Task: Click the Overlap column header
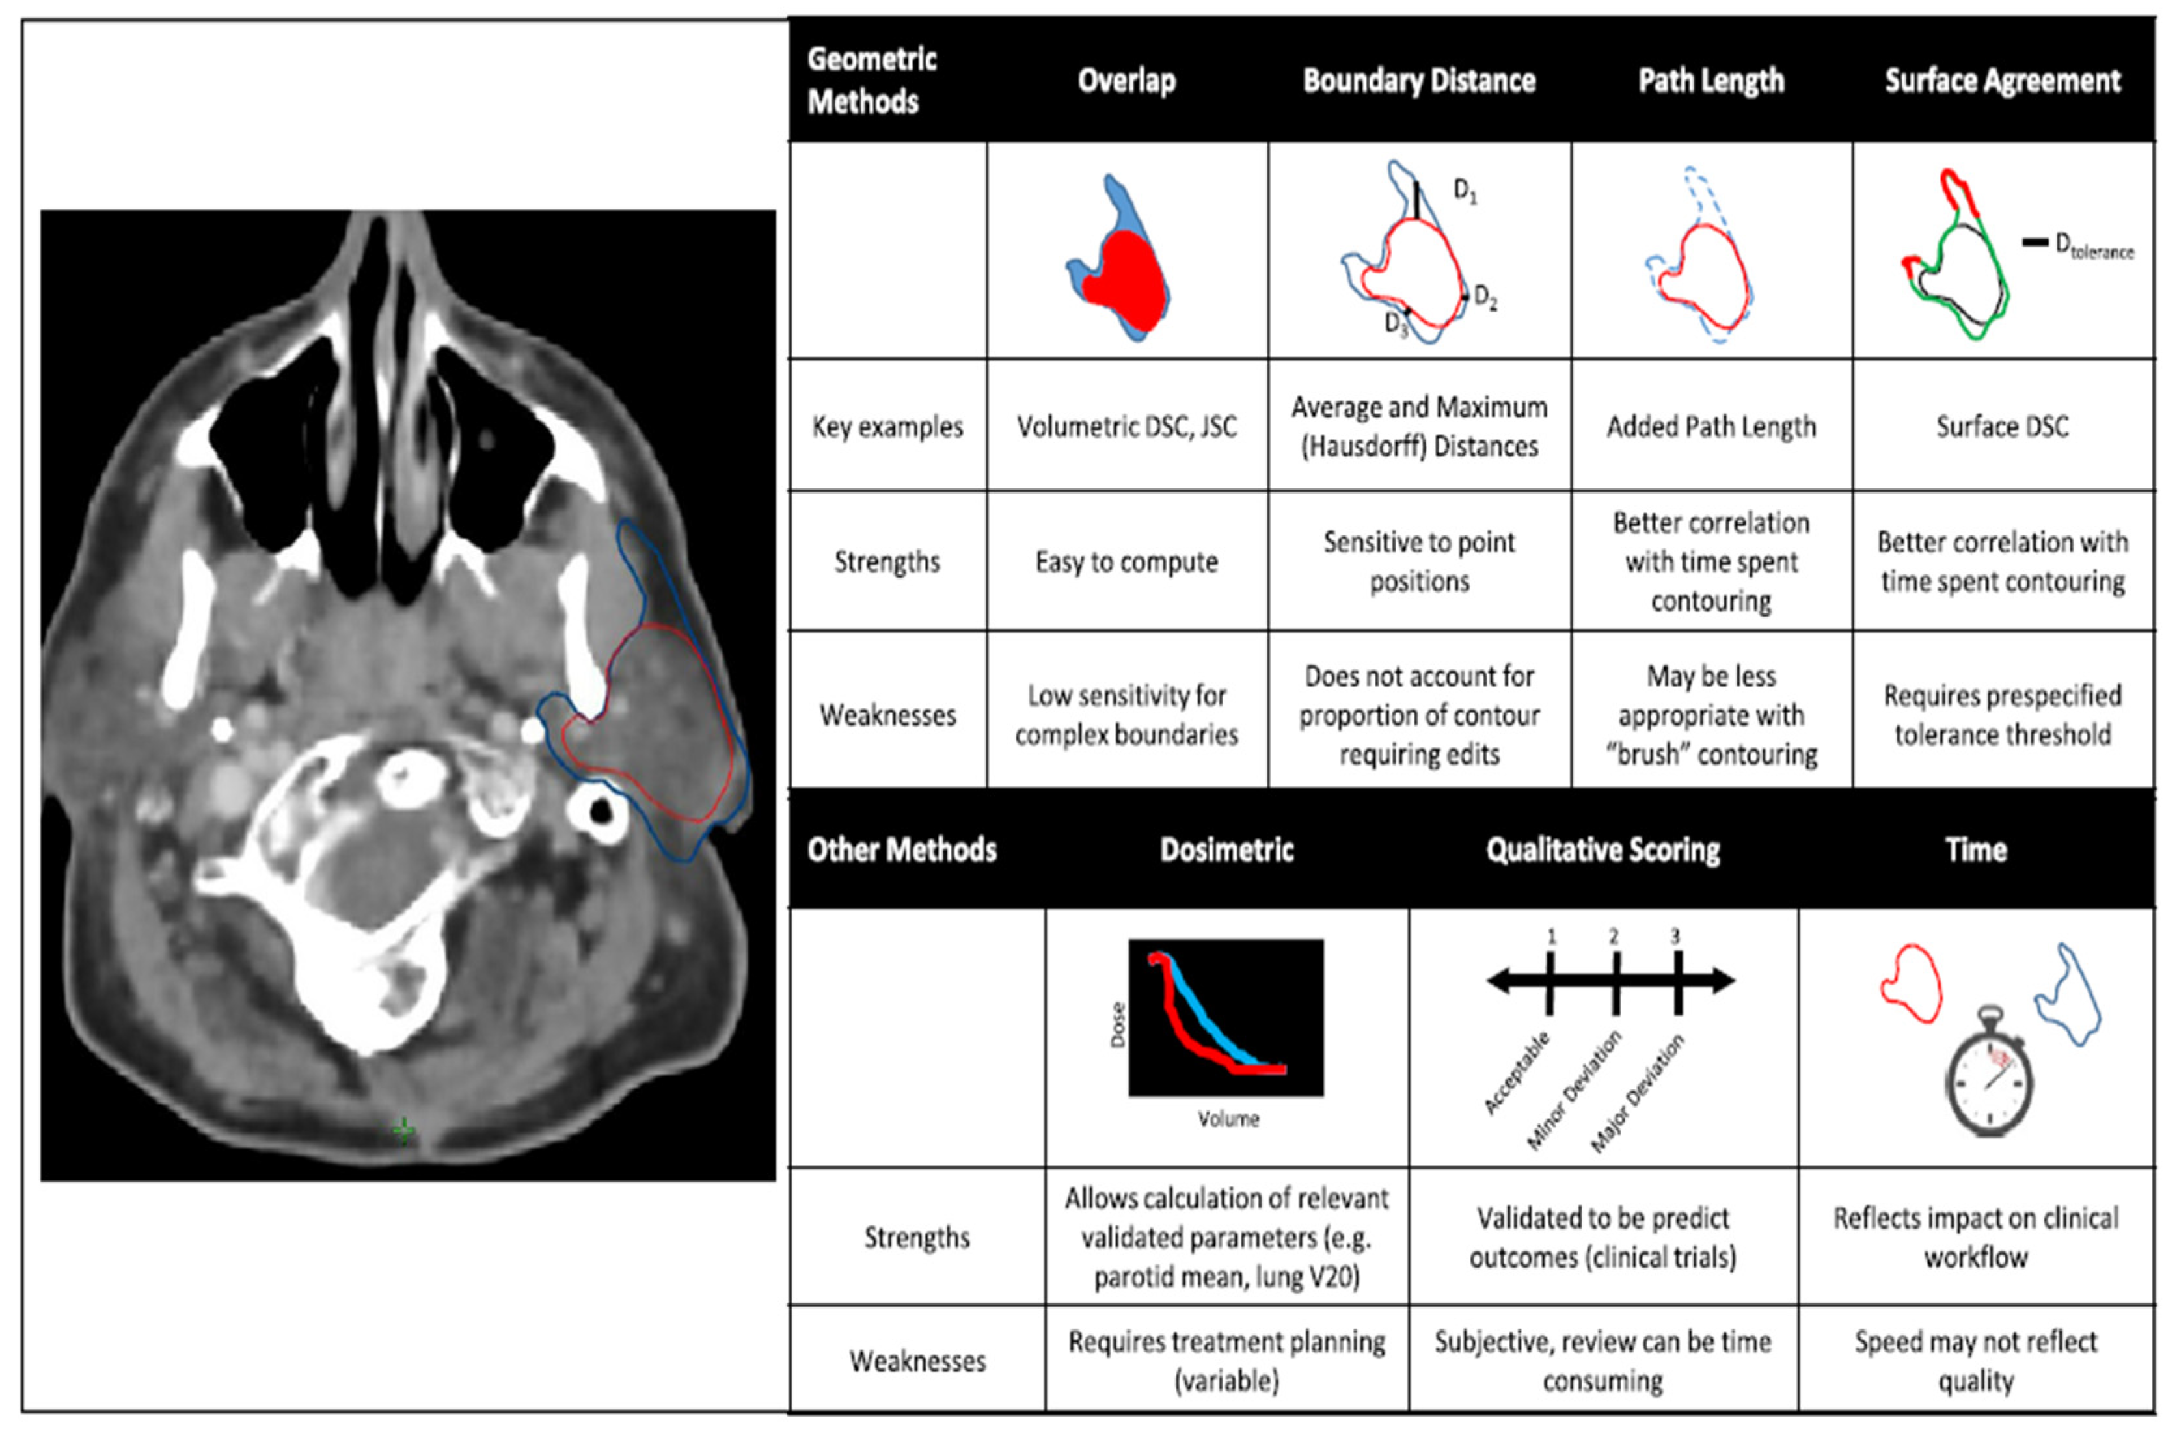pyautogui.click(x=1126, y=81)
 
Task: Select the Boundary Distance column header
pyautogui.click(x=1418, y=81)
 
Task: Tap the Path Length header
pyautogui.click(x=1710, y=81)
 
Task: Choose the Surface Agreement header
pyautogui.click(x=2003, y=81)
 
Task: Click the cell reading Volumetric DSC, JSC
pyautogui.click(x=1126, y=426)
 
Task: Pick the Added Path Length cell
pyautogui.click(x=1710, y=426)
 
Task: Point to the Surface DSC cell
pyautogui.click(x=2003, y=426)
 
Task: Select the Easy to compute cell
pyautogui.click(x=1126, y=561)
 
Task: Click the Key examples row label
pyautogui.click(x=887, y=426)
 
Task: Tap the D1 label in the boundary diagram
pyautogui.click(x=1464, y=191)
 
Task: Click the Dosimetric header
pyautogui.click(x=1226, y=849)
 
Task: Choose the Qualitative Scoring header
pyautogui.click(x=1603, y=849)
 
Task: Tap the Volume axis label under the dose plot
pyautogui.click(x=1228, y=1119)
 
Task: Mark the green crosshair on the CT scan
pyautogui.click(x=403, y=1130)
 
